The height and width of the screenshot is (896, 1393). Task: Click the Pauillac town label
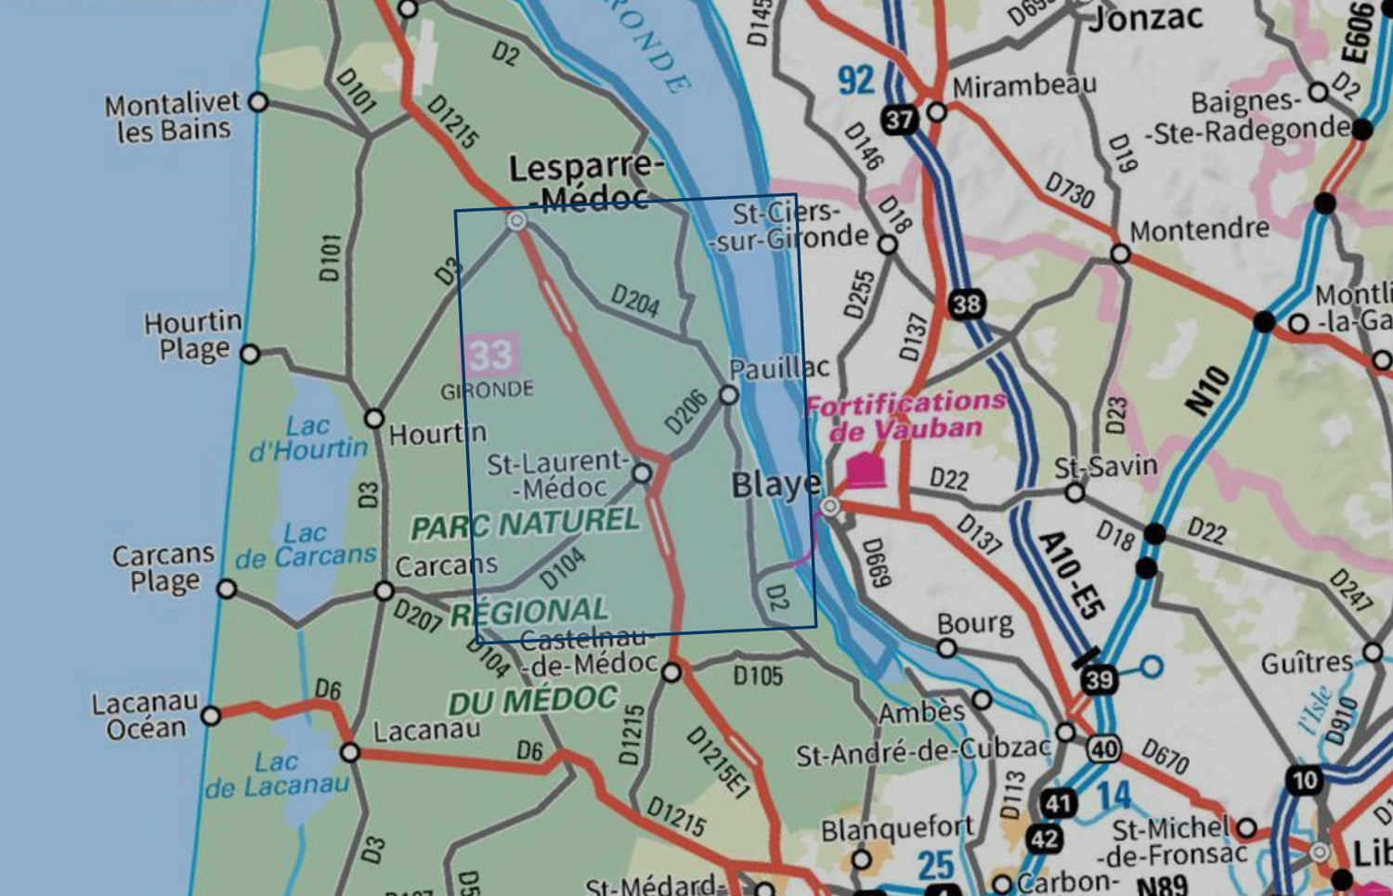[x=778, y=369]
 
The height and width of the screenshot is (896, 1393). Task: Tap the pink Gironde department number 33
[x=490, y=355]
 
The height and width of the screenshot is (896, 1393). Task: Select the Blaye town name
[x=775, y=485]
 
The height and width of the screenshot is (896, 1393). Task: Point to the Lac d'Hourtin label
[x=308, y=437]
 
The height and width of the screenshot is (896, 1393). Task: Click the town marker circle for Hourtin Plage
[x=250, y=354]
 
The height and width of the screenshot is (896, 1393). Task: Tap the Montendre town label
[x=1199, y=229]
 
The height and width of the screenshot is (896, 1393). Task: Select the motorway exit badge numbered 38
[x=966, y=304]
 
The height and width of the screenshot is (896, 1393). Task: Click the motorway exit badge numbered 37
[x=899, y=120]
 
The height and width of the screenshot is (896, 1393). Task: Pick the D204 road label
[x=635, y=301]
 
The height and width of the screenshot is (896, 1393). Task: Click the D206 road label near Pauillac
[x=685, y=411]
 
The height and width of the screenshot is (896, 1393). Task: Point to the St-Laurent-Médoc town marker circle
[x=642, y=474]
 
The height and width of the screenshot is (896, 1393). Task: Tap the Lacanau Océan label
[x=145, y=715]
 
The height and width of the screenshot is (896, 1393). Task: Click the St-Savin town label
[x=1105, y=466]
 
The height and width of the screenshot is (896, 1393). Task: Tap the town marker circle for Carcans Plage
[x=227, y=590]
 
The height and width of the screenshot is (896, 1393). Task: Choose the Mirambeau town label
[x=1024, y=86]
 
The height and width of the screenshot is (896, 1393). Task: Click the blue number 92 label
[x=856, y=81]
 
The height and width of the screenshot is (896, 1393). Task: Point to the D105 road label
[x=758, y=675]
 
